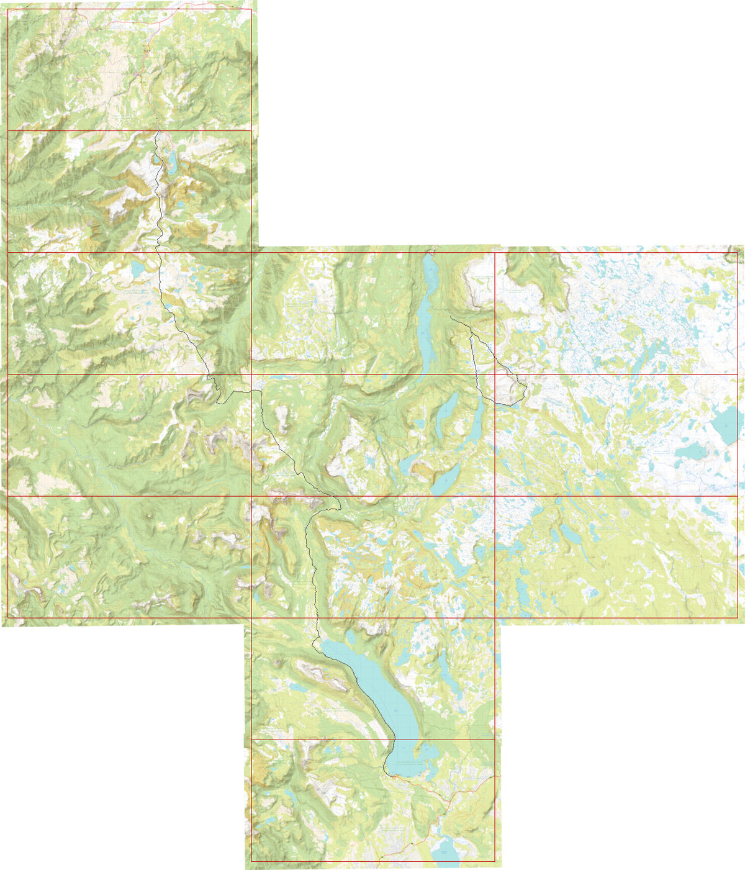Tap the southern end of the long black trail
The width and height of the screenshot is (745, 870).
coord(391,776)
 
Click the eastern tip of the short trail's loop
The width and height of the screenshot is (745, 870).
coord(526,390)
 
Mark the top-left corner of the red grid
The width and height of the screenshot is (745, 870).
coord(7,9)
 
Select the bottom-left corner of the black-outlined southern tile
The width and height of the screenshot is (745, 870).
coord(251,861)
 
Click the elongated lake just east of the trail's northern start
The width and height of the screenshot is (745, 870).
coord(170,163)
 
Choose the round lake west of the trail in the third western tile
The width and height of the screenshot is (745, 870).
coord(135,270)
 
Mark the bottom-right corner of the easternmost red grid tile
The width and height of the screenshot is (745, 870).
coord(738,617)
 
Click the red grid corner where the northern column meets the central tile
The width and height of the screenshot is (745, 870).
coord(251,252)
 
